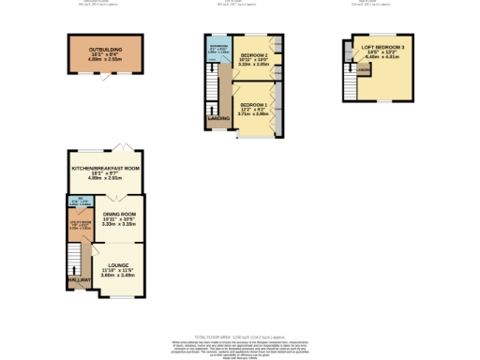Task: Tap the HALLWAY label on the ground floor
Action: click(x=78, y=279)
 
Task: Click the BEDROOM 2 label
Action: click(x=253, y=56)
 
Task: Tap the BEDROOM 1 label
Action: click(x=253, y=104)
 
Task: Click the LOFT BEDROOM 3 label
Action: click(x=382, y=46)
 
